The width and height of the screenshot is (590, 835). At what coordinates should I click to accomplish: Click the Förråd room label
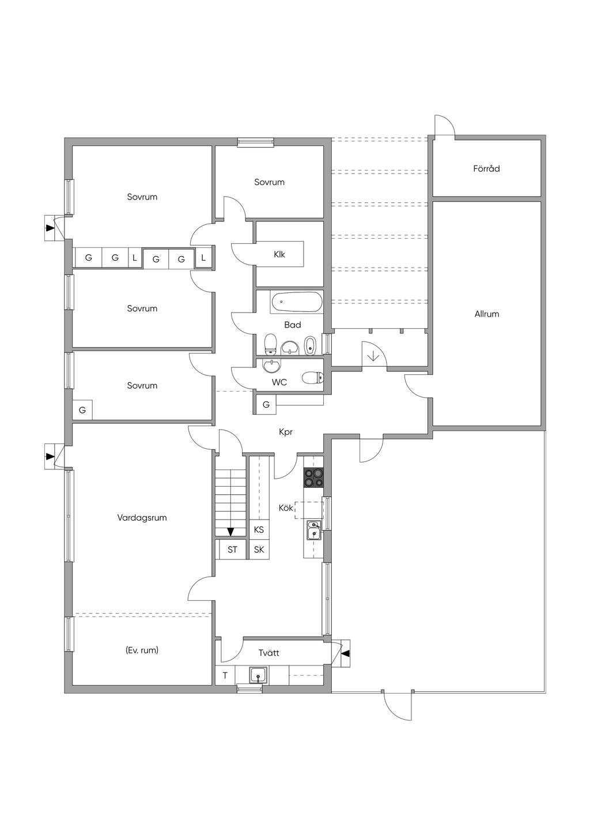(x=486, y=169)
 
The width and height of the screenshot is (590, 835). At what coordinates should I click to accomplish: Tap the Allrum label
(x=486, y=314)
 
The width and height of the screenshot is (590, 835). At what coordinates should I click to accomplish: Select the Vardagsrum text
(x=142, y=518)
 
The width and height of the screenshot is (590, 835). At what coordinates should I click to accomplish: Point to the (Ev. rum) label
(x=142, y=650)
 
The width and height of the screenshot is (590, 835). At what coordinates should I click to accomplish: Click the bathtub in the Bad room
(x=297, y=302)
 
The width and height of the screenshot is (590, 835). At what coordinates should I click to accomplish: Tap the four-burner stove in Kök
(x=314, y=478)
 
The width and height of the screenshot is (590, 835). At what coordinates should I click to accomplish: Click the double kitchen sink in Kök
(x=313, y=529)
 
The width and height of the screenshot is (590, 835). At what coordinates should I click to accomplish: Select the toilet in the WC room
(x=313, y=378)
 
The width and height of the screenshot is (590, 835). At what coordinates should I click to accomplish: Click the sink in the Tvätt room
(x=258, y=674)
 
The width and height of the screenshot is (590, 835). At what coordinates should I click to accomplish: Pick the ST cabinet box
(x=232, y=550)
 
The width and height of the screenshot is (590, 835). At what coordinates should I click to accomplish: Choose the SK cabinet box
(x=259, y=550)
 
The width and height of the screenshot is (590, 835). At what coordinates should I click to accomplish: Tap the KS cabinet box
(x=259, y=529)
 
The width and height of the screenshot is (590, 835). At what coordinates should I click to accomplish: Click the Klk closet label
(x=279, y=254)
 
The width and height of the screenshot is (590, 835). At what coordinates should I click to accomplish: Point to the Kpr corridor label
(x=286, y=432)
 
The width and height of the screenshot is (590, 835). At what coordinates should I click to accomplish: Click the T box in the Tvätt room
(x=225, y=675)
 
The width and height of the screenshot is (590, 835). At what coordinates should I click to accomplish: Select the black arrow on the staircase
(x=230, y=531)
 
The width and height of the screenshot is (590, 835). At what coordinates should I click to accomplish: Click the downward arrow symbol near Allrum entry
(x=373, y=355)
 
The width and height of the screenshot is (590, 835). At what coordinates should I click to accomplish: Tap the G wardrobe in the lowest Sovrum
(x=82, y=410)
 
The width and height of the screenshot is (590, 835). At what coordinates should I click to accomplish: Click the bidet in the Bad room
(x=310, y=345)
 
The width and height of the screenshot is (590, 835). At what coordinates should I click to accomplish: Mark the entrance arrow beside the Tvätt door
(x=345, y=653)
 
